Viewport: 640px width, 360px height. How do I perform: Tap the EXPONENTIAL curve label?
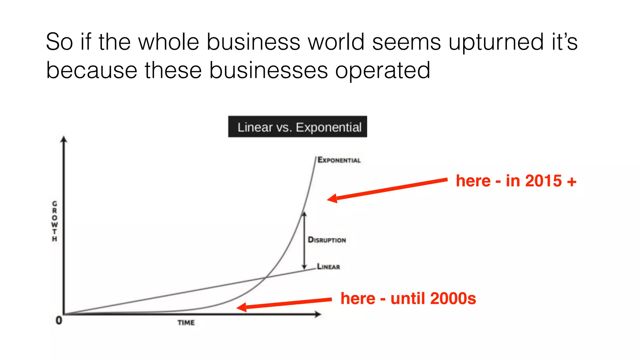click(339, 160)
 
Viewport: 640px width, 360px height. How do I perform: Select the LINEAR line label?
click(328, 267)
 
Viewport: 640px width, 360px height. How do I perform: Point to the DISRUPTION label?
click(327, 240)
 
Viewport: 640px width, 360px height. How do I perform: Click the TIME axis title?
click(186, 322)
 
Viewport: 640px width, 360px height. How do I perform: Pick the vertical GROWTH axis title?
click(55, 221)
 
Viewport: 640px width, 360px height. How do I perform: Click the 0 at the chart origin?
click(59, 320)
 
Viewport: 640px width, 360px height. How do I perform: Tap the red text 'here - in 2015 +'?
click(516, 181)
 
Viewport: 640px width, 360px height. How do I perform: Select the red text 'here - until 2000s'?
click(408, 298)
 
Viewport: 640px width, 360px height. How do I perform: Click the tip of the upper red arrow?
click(328, 199)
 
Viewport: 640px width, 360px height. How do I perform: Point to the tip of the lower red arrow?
click(238, 308)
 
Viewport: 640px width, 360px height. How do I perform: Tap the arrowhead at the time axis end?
click(318, 314)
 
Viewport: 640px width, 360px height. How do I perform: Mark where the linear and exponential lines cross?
click(265, 277)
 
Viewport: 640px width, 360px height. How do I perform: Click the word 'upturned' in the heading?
click(496, 42)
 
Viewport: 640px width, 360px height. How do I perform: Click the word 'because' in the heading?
click(92, 70)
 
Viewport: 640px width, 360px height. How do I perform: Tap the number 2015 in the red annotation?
click(543, 181)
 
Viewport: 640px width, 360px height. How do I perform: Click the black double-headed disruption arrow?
click(304, 241)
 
